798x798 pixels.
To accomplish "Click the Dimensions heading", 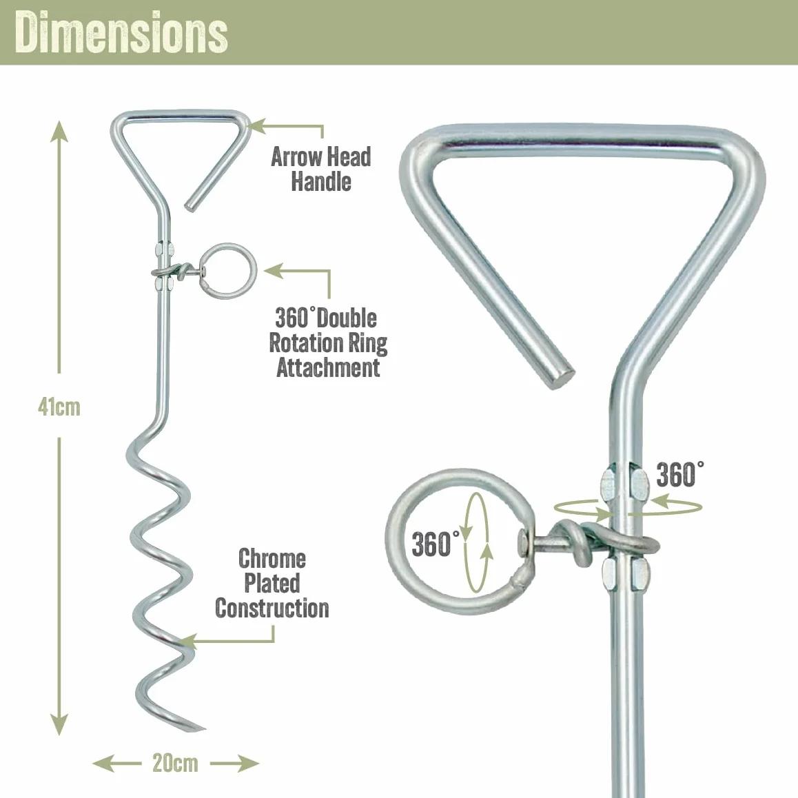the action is (x=121, y=32).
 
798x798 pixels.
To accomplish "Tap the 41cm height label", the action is (x=59, y=407).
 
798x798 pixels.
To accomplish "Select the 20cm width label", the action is (x=175, y=764).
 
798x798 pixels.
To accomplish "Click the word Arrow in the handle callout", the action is (x=293, y=156).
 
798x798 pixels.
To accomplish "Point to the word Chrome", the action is (x=272, y=558).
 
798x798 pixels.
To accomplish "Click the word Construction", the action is (x=272, y=608).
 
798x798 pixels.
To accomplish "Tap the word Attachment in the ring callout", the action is (x=328, y=367).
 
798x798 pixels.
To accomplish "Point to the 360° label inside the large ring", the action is (x=436, y=544).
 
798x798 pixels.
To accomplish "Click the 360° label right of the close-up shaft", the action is (x=680, y=474).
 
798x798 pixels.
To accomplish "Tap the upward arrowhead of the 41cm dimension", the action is (x=59, y=132).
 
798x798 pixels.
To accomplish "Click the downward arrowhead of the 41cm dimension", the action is (x=59, y=724).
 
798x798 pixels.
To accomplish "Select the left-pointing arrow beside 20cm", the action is (x=117, y=764).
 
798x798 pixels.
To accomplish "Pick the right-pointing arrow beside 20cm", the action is (x=234, y=764).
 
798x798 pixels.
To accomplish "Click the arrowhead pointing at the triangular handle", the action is (x=258, y=125).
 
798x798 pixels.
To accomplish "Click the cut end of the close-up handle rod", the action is (x=564, y=377).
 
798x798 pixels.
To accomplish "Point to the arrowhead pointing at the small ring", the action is (x=274, y=271).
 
